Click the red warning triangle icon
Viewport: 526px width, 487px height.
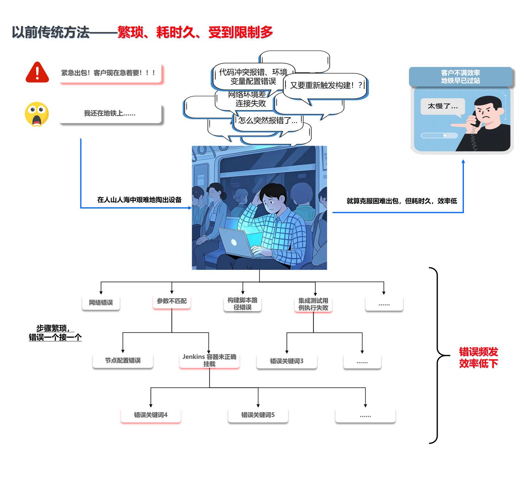click(x=37, y=72)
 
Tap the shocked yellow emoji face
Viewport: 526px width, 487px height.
click(x=37, y=114)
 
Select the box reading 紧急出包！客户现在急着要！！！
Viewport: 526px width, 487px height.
click(x=110, y=73)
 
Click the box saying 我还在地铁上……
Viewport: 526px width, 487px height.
click(x=110, y=113)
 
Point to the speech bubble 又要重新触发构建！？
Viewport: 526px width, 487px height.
click(x=325, y=85)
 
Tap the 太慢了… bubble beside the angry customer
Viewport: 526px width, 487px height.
click(x=443, y=107)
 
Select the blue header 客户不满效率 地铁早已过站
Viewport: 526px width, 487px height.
click(x=460, y=77)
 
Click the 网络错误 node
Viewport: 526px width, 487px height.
click(x=101, y=302)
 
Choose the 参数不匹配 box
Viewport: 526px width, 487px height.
click(x=172, y=301)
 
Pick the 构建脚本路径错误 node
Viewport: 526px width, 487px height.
click(x=243, y=303)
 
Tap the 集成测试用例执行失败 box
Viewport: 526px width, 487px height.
click(x=313, y=304)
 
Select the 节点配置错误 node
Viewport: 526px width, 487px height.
click(x=123, y=360)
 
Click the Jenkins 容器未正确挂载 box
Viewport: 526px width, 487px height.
click(x=209, y=360)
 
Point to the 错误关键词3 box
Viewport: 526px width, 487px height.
click(x=287, y=361)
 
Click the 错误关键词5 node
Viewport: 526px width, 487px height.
click(x=258, y=415)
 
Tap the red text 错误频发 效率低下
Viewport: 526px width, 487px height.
click(x=478, y=358)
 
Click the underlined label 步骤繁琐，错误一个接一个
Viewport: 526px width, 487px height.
click(x=55, y=333)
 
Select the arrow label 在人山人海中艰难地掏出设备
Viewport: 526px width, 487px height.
click(x=139, y=200)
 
